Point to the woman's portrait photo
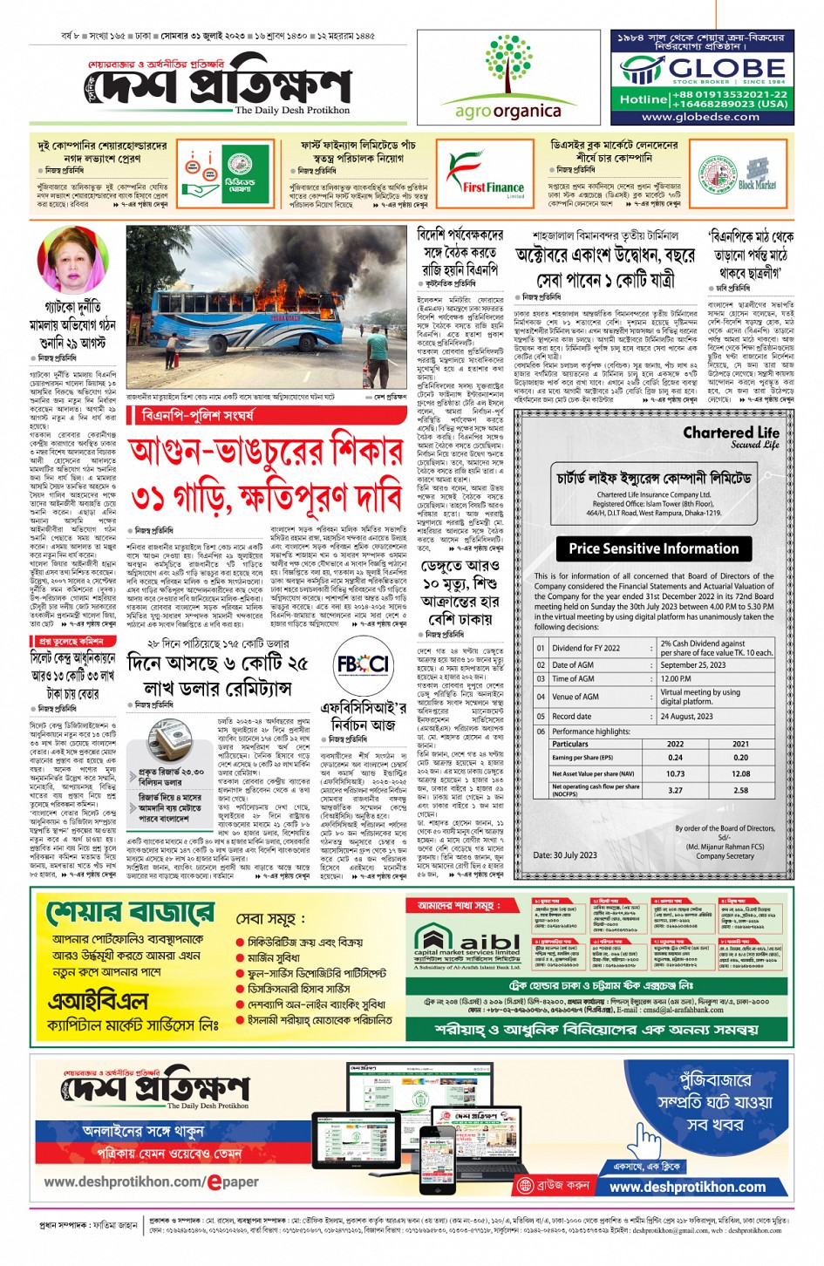click(69, 262)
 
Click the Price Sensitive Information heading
click(653, 548)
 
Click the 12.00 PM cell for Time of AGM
click(677, 678)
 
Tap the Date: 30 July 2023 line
click(565, 855)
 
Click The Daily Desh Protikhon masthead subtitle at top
click(292, 111)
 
